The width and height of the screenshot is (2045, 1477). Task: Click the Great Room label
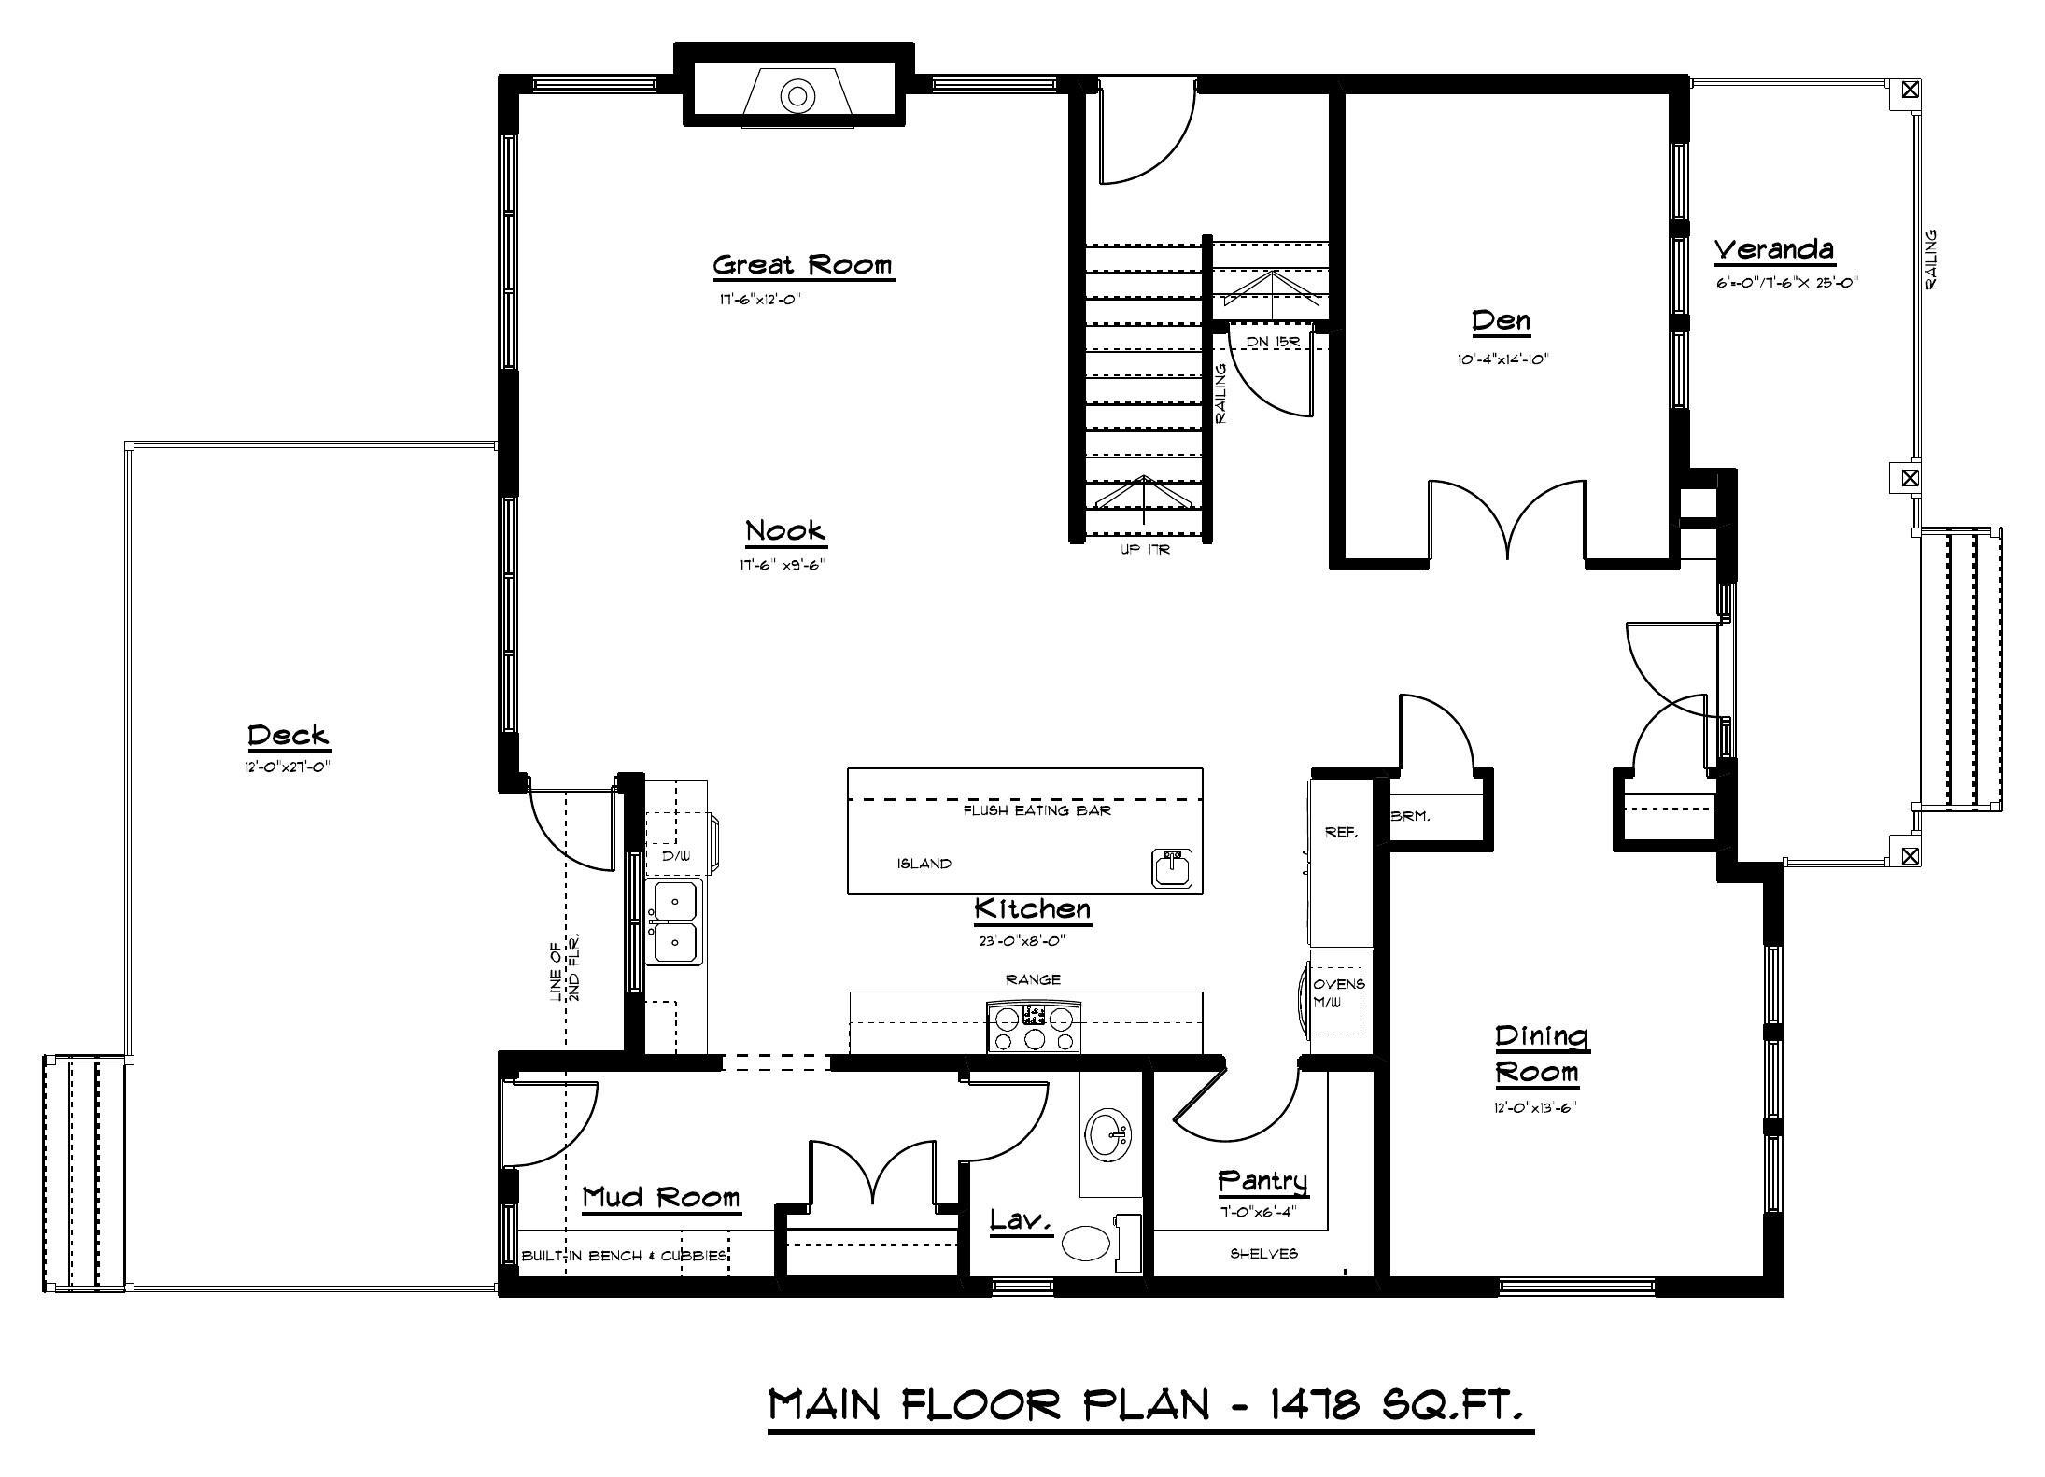click(x=803, y=265)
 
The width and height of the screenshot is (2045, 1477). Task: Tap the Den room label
click(x=1502, y=321)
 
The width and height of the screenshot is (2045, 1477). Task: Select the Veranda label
click(x=1774, y=249)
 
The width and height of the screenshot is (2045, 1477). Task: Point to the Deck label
click(x=289, y=736)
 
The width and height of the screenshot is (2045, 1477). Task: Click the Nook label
click(x=785, y=531)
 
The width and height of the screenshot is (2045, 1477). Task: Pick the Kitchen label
click(x=1032, y=908)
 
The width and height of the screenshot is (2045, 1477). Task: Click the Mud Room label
click(x=660, y=1197)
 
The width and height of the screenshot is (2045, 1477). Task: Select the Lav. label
click(x=1021, y=1219)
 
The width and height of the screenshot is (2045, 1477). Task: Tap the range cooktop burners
click(x=1034, y=1027)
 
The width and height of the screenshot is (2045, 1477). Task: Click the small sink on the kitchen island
click(x=1173, y=867)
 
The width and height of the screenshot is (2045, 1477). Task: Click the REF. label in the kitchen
click(x=1341, y=832)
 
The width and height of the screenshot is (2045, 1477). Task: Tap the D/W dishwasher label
click(x=676, y=854)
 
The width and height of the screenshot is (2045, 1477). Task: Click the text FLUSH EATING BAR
click(x=1037, y=811)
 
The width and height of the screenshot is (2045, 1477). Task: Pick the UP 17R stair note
click(x=1146, y=550)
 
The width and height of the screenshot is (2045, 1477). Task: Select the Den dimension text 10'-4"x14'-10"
click(x=1502, y=359)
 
